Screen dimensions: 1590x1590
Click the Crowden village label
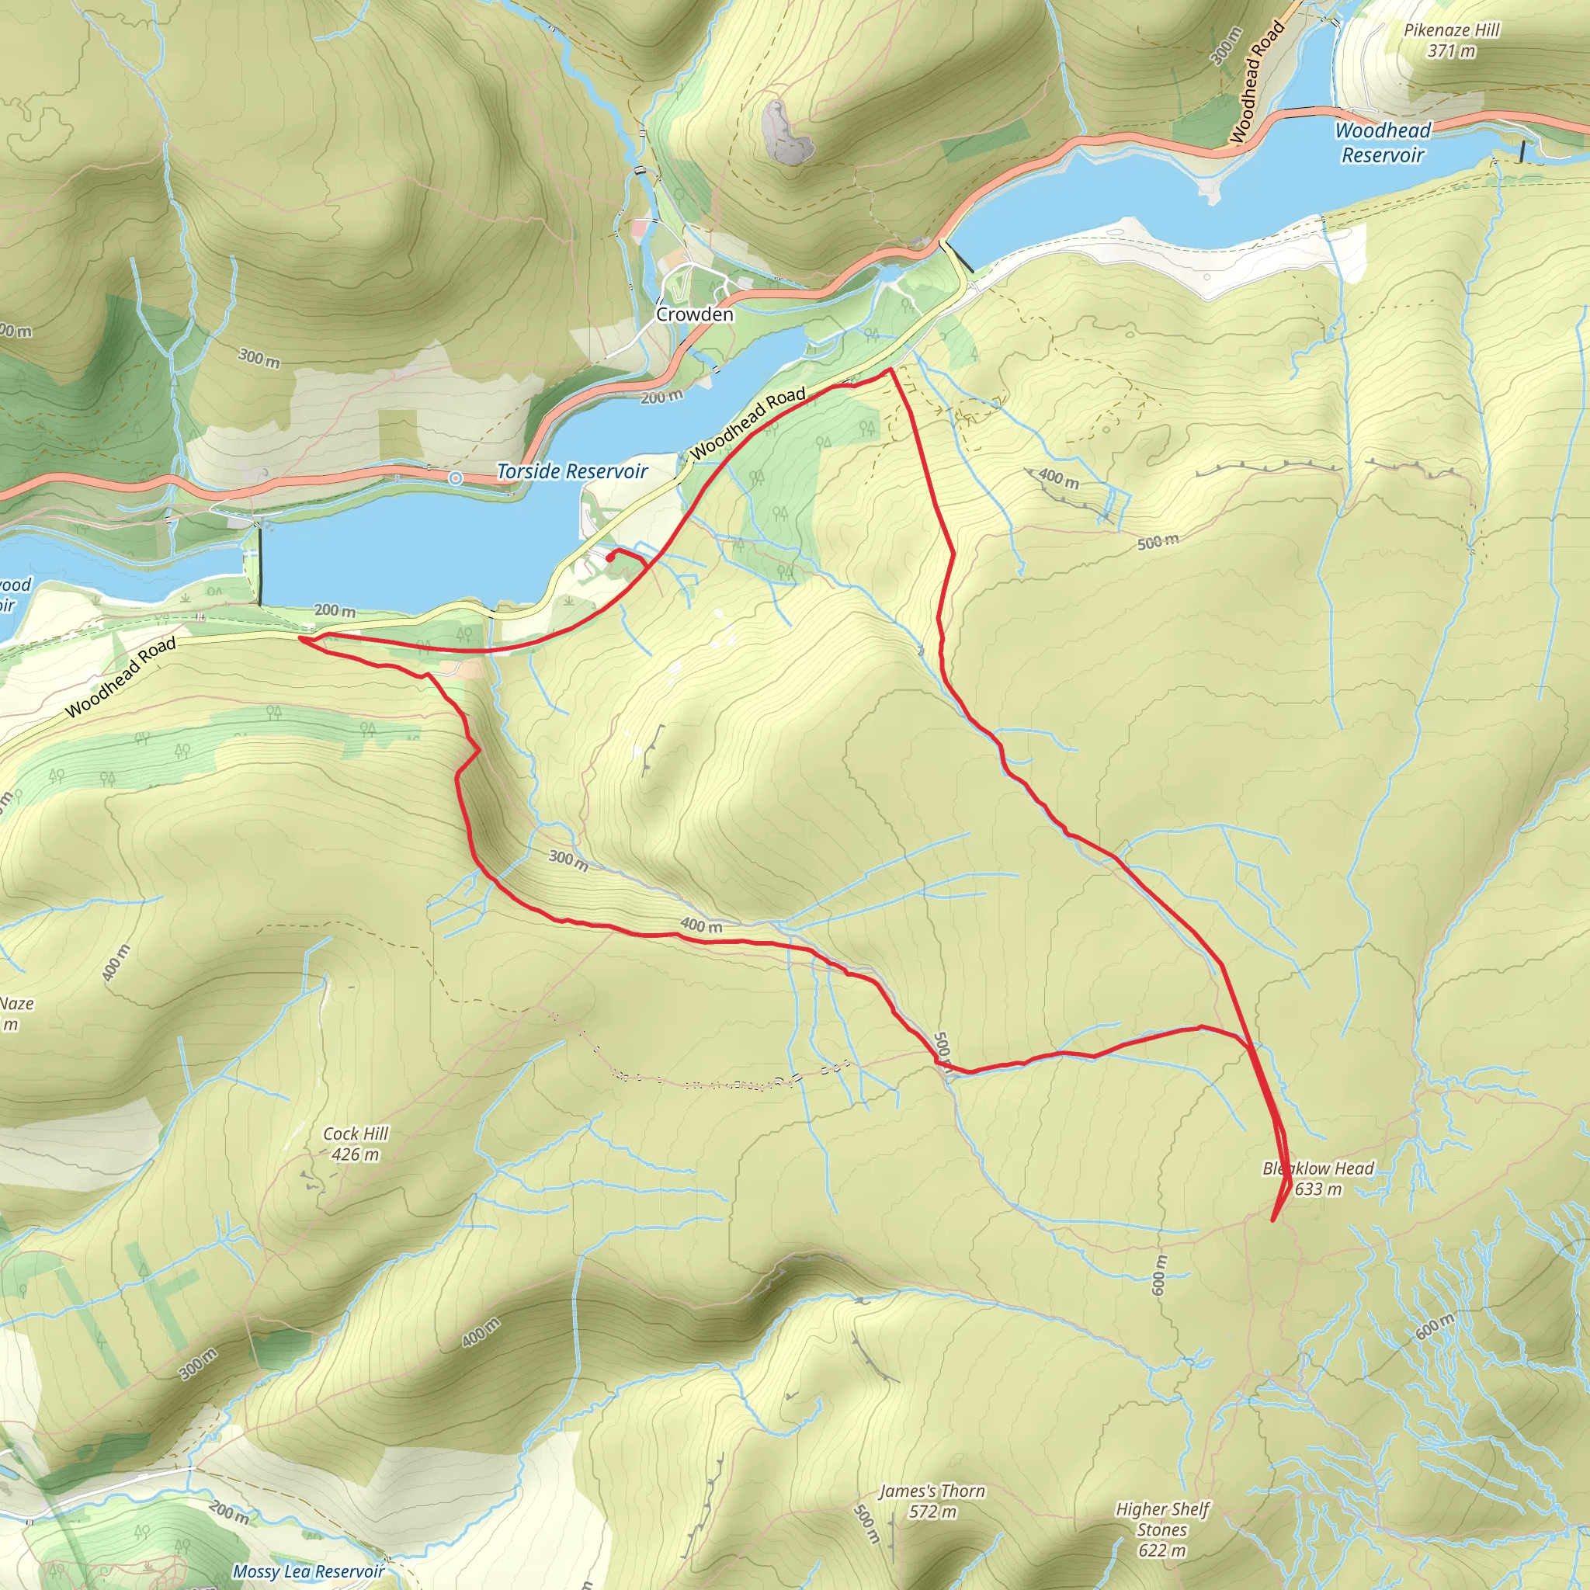[694, 314]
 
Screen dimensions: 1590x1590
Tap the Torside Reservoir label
[572, 471]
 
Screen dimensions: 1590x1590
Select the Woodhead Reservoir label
[1383, 142]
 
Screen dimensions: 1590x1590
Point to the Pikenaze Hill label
[1452, 30]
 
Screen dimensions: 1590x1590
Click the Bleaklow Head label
[1317, 1168]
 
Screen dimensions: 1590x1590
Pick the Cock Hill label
[356, 1134]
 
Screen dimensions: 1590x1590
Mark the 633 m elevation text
[1318, 1189]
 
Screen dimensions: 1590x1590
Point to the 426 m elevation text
[356, 1154]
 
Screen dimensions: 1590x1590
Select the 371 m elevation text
[1452, 51]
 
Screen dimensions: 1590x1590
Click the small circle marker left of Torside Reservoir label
[455, 477]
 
